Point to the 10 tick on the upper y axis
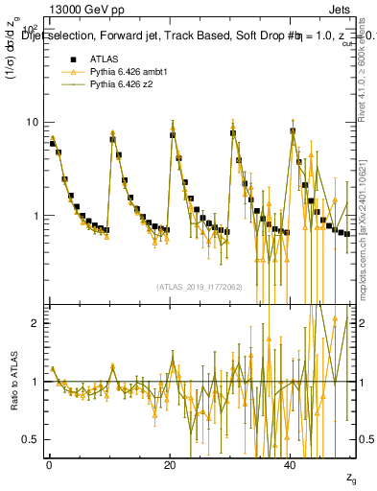tap(35, 123)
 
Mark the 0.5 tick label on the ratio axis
tap(34, 439)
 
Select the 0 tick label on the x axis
tap(49, 465)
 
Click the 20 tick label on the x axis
tap(170, 465)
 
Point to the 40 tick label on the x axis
tap(291, 465)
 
